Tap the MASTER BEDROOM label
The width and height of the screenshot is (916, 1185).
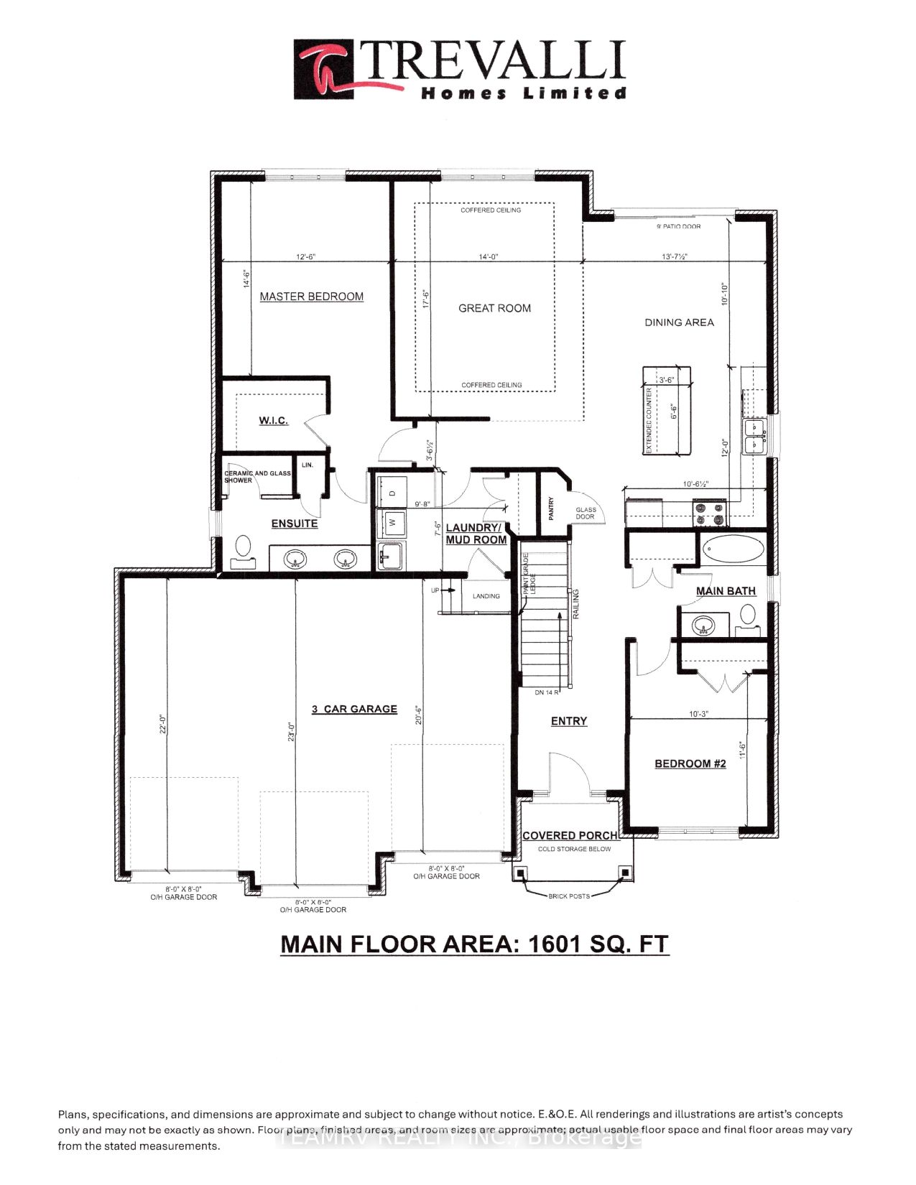click(x=311, y=297)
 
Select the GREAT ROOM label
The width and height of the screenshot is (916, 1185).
click(x=494, y=308)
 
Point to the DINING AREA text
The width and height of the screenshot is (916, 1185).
click(x=679, y=322)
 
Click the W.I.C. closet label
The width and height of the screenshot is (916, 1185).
click(x=273, y=420)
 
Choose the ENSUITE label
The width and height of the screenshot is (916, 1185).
click(x=294, y=524)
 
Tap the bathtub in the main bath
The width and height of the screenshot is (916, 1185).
click(x=733, y=550)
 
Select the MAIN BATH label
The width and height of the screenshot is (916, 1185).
click(x=726, y=591)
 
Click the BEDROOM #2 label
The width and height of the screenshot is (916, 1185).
click(x=690, y=763)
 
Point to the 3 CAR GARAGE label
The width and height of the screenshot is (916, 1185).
click(x=354, y=709)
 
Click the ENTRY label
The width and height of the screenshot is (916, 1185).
click(x=569, y=721)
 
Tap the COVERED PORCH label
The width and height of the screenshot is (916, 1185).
click(x=570, y=835)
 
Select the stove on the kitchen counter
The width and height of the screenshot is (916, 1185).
click(x=710, y=513)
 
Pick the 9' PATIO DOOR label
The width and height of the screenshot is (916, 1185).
click(x=678, y=226)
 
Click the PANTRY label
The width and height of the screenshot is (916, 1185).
click(x=551, y=507)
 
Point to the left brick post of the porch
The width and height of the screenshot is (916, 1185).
click(x=520, y=873)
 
